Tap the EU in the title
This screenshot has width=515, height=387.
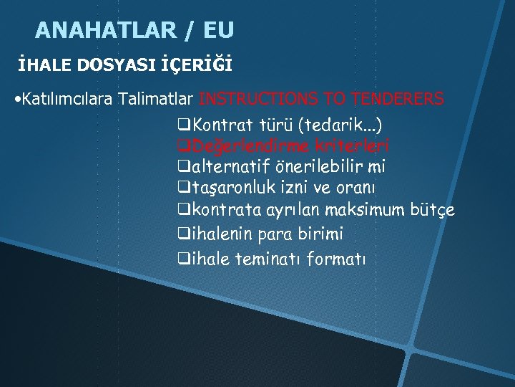click(x=218, y=30)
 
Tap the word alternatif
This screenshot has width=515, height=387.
click(x=232, y=167)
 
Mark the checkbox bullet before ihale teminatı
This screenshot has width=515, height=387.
click(x=183, y=259)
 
